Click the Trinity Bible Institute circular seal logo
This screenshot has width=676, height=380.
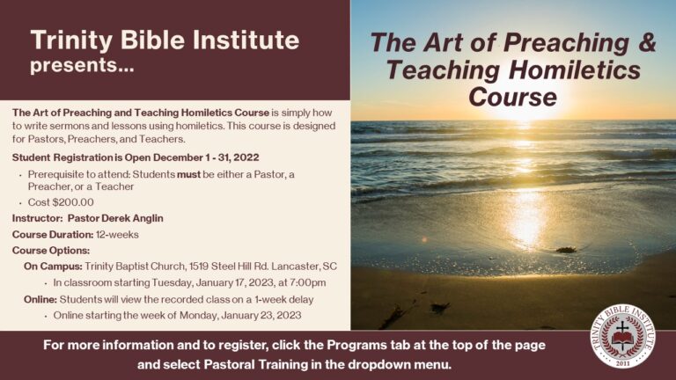pyautogui.click(x=622, y=336)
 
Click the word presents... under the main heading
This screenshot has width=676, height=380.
pyautogui.click(x=82, y=66)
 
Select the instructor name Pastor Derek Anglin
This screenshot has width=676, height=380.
pyautogui.click(x=115, y=218)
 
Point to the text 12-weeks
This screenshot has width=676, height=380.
pyautogui.click(x=117, y=235)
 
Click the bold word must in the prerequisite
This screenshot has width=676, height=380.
pyautogui.click(x=189, y=175)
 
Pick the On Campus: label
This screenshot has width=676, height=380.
pyautogui.click(x=53, y=267)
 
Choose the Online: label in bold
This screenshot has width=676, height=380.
pyautogui.click(x=40, y=299)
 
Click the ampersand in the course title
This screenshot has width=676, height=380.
pyautogui.click(x=646, y=42)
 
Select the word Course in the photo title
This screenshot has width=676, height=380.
pyautogui.click(x=513, y=97)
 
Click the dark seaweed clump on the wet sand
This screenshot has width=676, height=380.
pyautogui.click(x=566, y=250)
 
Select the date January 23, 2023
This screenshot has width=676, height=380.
pyautogui.click(x=261, y=316)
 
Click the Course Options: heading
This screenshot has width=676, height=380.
pyautogui.click(x=51, y=251)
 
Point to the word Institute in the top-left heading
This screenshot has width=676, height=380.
pyautogui.click(x=246, y=40)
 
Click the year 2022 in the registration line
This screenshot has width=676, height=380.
pyautogui.click(x=246, y=157)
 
